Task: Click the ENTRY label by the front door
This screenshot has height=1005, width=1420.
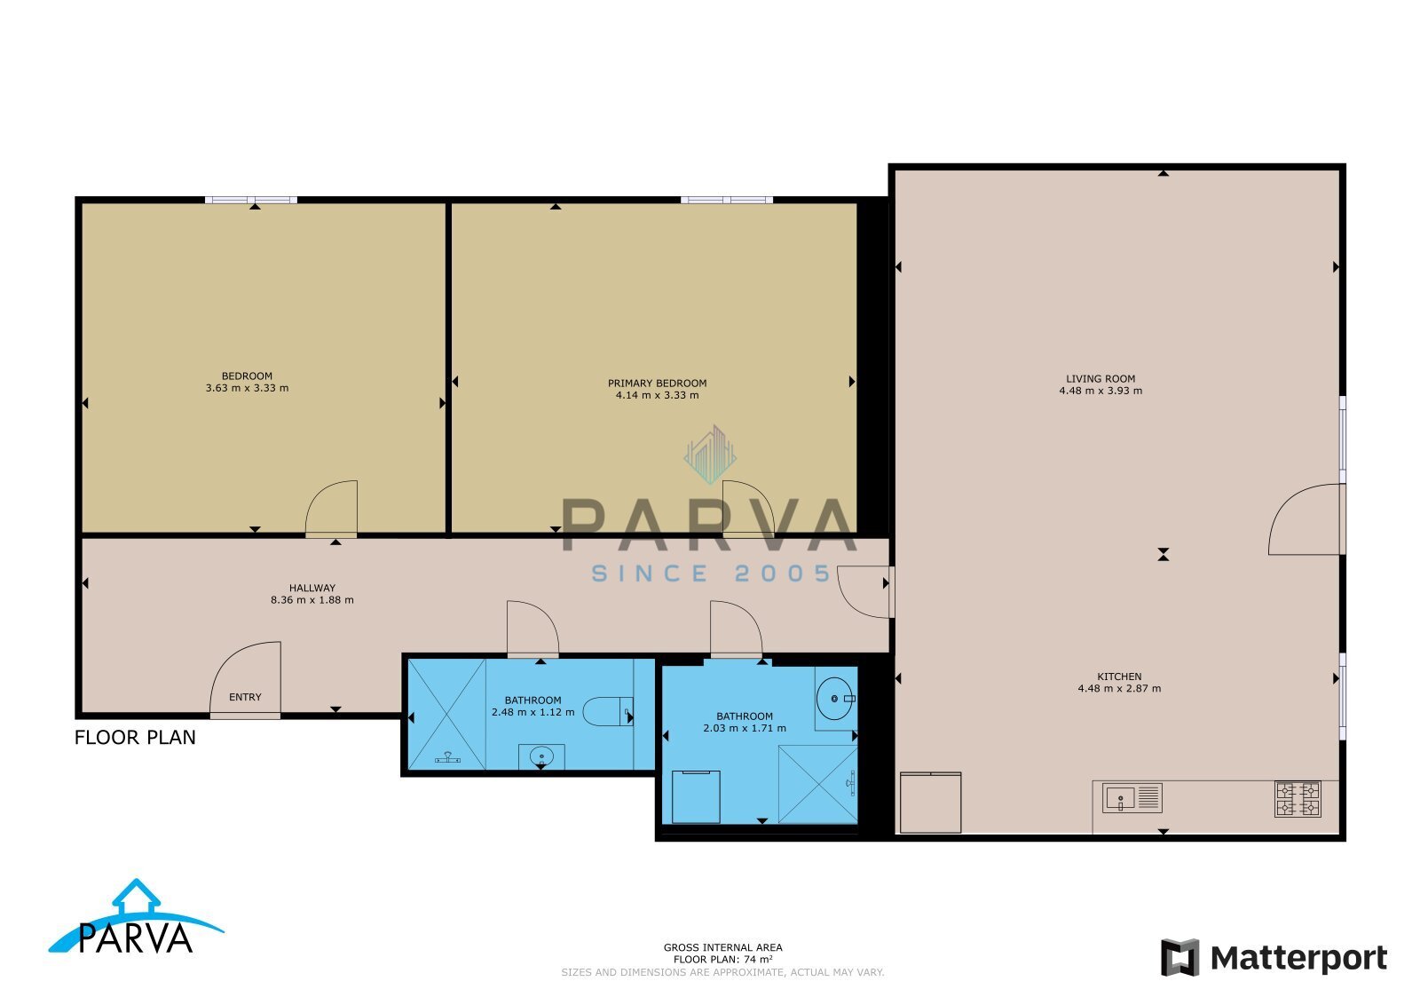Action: [245, 697]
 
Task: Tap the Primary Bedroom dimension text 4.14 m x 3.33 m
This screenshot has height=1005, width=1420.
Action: [657, 395]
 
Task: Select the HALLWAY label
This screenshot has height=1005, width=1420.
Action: [312, 588]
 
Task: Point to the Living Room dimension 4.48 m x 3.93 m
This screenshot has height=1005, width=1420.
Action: [1100, 391]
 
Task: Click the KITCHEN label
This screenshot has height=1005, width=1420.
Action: [1119, 677]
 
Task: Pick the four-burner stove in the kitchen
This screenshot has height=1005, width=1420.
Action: [1298, 799]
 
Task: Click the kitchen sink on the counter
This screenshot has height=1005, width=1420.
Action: [1132, 797]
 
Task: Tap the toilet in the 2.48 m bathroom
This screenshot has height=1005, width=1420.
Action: [607, 711]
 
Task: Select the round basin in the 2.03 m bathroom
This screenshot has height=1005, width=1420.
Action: [835, 699]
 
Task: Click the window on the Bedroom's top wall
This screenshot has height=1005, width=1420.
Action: [251, 201]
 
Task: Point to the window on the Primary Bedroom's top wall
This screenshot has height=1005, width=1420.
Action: [727, 201]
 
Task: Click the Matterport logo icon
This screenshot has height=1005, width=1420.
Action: [1179, 957]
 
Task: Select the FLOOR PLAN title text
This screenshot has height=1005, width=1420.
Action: [135, 738]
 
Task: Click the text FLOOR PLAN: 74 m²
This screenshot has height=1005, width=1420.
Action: [722, 960]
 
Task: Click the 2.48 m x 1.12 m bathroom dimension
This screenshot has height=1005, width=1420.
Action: [532, 712]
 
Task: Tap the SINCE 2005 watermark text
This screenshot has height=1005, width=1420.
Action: [711, 574]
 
